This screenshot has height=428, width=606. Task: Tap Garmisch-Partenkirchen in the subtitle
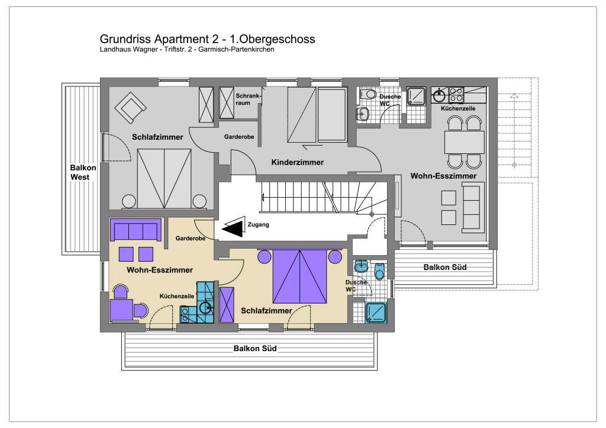[236, 50]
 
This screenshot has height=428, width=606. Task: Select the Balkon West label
[83, 172]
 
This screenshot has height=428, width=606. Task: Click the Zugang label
[258, 224]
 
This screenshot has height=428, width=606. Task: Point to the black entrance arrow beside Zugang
[234, 227]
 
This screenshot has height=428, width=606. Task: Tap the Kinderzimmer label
[297, 162]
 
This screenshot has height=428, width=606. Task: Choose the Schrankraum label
[248, 99]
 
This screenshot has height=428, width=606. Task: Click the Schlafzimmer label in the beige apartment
[266, 311]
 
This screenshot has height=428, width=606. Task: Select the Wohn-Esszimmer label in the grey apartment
[443, 176]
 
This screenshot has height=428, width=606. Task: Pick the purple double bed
[300, 276]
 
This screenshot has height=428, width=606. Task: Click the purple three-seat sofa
[136, 230]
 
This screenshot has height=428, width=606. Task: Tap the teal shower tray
[376, 313]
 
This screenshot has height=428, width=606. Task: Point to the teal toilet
[379, 271]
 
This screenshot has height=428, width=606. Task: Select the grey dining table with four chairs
[464, 143]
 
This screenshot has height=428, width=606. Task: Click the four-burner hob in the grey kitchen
[456, 95]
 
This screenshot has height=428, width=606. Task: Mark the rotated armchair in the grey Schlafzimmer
[130, 108]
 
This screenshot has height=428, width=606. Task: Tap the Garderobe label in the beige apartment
[191, 239]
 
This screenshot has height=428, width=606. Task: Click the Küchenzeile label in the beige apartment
[177, 296]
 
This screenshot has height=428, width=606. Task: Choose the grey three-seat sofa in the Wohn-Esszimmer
[473, 208]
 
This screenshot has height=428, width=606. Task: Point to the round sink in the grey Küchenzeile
[439, 95]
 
